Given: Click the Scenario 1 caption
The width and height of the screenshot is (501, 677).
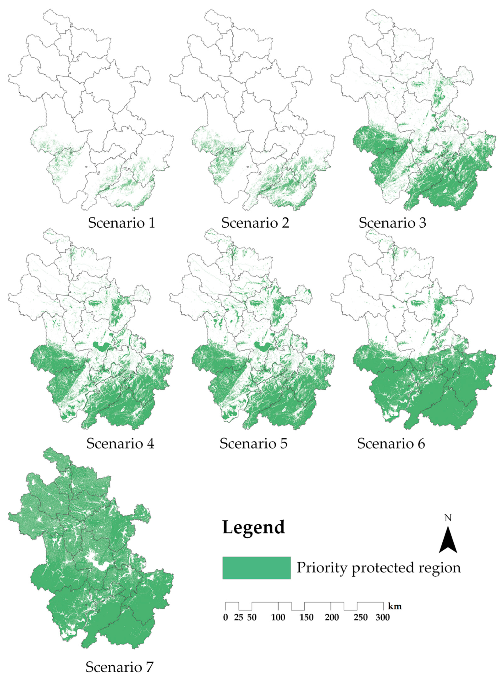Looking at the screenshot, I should (122, 223).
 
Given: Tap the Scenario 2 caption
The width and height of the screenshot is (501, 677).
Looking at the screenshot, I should (255, 223).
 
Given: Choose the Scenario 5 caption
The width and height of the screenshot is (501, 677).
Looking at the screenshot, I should (254, 444).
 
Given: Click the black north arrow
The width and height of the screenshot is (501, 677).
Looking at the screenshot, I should (448, 540).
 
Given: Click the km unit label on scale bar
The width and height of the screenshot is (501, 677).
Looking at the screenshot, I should (395, 607).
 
